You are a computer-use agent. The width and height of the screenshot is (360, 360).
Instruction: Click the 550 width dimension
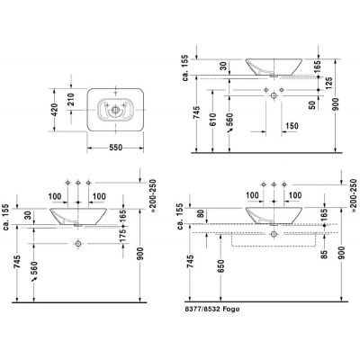[x=115, y=148]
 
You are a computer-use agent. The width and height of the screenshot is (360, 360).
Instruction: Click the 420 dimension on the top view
[x=54, y=110]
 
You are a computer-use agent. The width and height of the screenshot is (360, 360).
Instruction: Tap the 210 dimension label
[x=71, y=100]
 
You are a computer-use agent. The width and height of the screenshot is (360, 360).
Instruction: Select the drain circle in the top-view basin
[x=115, y=110]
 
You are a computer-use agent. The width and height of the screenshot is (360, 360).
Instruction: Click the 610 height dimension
[x=212, y=121]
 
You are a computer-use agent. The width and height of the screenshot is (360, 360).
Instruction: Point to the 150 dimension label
[x=292, y=126]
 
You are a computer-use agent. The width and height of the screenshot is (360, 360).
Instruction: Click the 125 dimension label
[x=328, y=83]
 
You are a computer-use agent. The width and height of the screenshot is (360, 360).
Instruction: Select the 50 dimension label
[x=312, y=104]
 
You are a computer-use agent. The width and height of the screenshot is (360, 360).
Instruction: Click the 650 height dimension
[x=220, y=266]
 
